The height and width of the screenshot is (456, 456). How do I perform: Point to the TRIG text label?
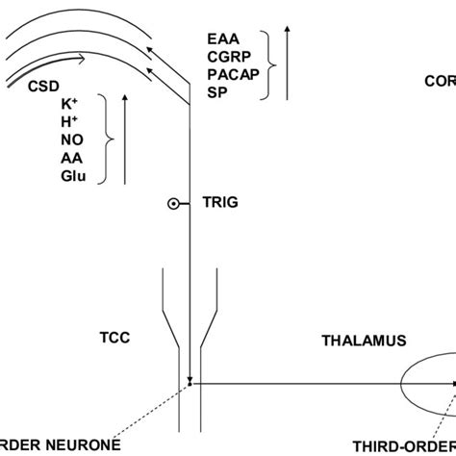pos(218,203)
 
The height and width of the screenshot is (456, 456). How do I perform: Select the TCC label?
pos(114,338)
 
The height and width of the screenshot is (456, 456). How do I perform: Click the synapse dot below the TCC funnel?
pos(190,383)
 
